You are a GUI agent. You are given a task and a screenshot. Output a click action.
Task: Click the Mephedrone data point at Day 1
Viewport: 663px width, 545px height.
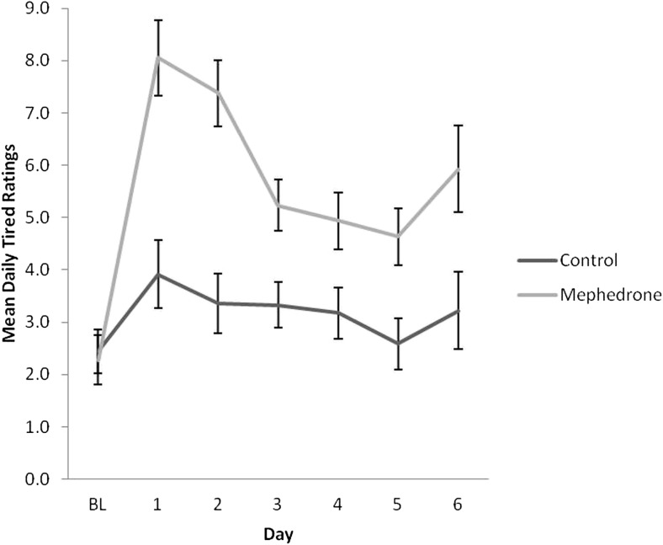pyautogui.click(x=158, y=57)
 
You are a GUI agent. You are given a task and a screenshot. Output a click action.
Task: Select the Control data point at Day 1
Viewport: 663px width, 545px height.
pyautogui.click(x=158, y=274)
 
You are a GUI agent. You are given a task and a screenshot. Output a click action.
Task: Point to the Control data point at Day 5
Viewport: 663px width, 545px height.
pyautogui.click(x=397, y=344)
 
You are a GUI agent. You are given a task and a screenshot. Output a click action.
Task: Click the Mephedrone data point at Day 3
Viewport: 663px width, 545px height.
pyautogui.click(x=278, y=206)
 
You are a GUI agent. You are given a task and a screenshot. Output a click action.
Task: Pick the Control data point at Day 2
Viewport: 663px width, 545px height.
pyautogui.click(x=218, y=302)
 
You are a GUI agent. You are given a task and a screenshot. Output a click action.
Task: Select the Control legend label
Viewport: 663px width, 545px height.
pyautogui.click(x=588, y=259)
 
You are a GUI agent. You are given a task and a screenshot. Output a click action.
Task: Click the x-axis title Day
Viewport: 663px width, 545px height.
pyautogui.click(x=278, y=533)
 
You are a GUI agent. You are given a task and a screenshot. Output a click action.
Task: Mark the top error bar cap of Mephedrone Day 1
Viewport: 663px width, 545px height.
pyautogui.click(x=158, y=19)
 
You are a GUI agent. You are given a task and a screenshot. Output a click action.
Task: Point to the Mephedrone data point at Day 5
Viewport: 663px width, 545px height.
pyautogui.click(x=397, y=237)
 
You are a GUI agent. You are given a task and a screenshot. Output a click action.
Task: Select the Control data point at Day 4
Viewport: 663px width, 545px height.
pyautogui.click(x=337, y=313)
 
